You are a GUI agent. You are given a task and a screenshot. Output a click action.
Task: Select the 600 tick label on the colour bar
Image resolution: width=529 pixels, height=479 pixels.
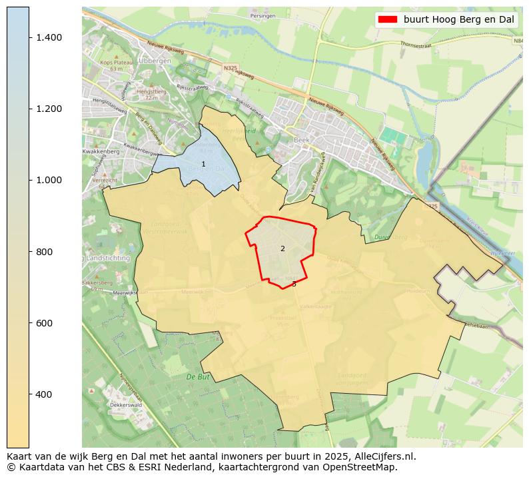coord(43,323)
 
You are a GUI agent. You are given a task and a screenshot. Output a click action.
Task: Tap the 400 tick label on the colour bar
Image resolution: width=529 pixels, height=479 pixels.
coord(43,394)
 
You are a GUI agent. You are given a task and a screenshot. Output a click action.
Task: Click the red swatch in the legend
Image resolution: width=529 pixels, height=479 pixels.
coord(387,19)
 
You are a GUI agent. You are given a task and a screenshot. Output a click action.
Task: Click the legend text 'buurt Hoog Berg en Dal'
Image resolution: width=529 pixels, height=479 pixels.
coord(458,19)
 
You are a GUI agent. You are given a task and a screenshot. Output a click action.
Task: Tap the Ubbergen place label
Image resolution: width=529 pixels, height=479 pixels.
coord(155,61)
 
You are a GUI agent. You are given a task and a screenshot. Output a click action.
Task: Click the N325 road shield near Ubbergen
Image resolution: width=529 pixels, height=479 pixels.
coord(230,67)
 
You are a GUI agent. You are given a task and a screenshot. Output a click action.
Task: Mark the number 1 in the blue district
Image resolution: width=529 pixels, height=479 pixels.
coord(203,164)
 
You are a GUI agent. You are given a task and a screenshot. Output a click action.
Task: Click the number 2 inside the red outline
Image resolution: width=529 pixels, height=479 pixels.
coord(282,248)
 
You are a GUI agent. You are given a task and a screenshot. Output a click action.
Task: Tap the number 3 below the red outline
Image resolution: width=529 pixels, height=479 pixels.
coord(294,284)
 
